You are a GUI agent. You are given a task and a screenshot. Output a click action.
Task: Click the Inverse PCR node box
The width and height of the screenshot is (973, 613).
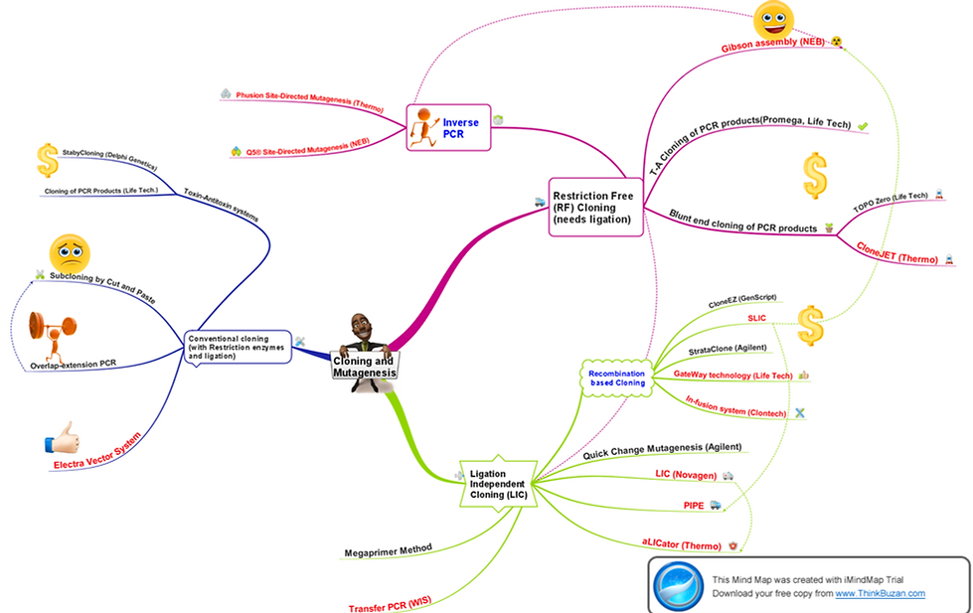pyautogui.click(x=448, y=127)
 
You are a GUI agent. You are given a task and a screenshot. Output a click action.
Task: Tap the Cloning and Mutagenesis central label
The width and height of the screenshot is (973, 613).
pyautogui.click(x=365, y=367)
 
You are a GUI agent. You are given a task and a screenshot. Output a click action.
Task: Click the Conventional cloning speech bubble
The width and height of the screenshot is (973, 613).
pyautogui.click(x=238, y=347)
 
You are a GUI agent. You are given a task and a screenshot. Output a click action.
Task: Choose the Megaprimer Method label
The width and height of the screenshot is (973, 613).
pyautogui.click(x=388, y=547)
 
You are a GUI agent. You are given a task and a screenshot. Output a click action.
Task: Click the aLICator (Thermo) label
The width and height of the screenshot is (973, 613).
pyautogui.click(x=681, y=542)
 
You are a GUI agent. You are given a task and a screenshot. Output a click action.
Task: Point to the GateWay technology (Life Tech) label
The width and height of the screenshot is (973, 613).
pyautogui.click(x=733, y=376)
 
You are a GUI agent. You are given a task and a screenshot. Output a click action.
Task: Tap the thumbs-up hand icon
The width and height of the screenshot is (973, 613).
pyautogui.click(x=61, y=437)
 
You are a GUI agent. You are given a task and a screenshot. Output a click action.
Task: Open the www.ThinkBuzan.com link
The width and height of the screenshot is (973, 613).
pyautogui.click(x=880, y=593)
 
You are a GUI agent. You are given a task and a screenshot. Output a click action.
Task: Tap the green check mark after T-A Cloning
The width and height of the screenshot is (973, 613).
pyautogui.click(x=863, y=126)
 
